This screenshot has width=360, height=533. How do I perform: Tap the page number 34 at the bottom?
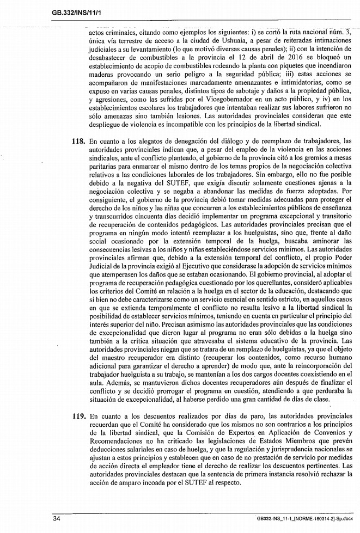coord(57,518)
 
